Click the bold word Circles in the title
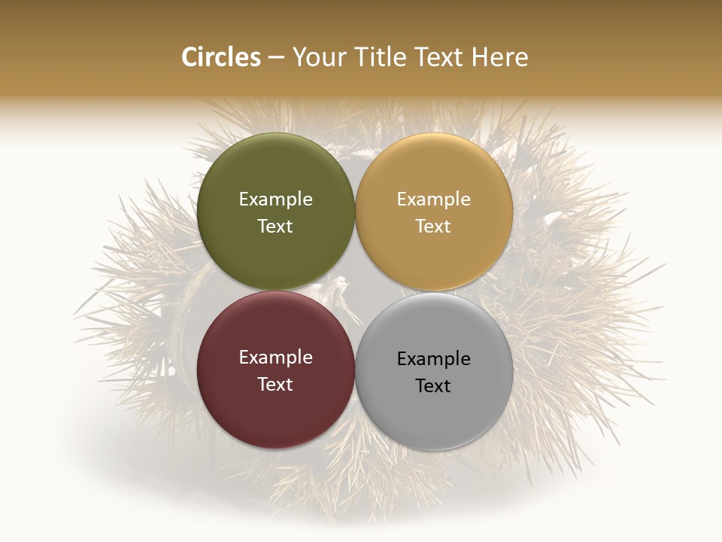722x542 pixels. click(x=221, y=57)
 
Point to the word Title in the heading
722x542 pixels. click(x=378, y=57)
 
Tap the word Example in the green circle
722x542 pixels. click(x=275, y=199)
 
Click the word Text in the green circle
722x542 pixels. click(x=275, y=226)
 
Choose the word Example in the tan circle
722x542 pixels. click(x=433, y=199)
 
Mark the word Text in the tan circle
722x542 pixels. click(x=433, y=226)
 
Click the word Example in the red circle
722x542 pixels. click(x=275, y=357)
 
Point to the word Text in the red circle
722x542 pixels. click(x=275, y=384)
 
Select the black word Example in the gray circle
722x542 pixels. click(x=433, y=358)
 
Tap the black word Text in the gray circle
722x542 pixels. click(x=433, y=385)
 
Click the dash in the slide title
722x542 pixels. click(x=276, y=58)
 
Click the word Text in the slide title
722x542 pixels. click(x=439, y=57)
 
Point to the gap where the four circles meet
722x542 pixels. click(x=355, y=291)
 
